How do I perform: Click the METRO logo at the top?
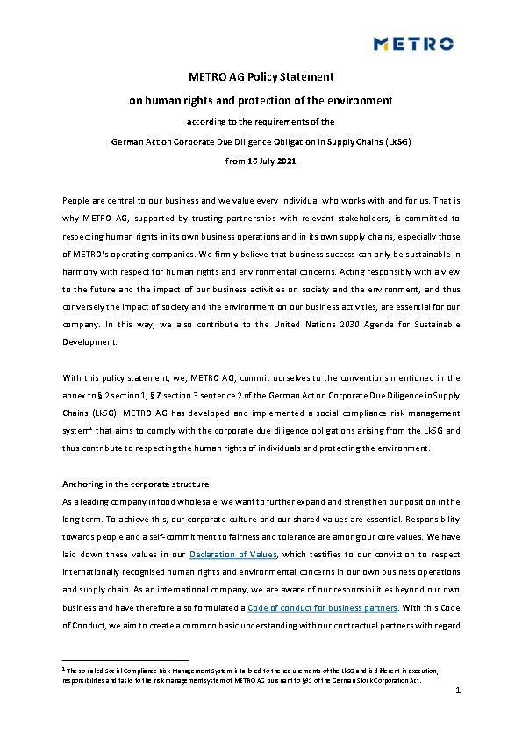click(414, 44)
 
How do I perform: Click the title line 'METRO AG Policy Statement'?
click(261, 78)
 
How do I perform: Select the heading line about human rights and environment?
click(261, 100)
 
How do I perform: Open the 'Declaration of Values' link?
click(233, 554)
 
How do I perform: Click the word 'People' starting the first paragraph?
click(75, 201)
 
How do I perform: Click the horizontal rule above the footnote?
click(125, 659)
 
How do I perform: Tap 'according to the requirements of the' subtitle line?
click(261, 121)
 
